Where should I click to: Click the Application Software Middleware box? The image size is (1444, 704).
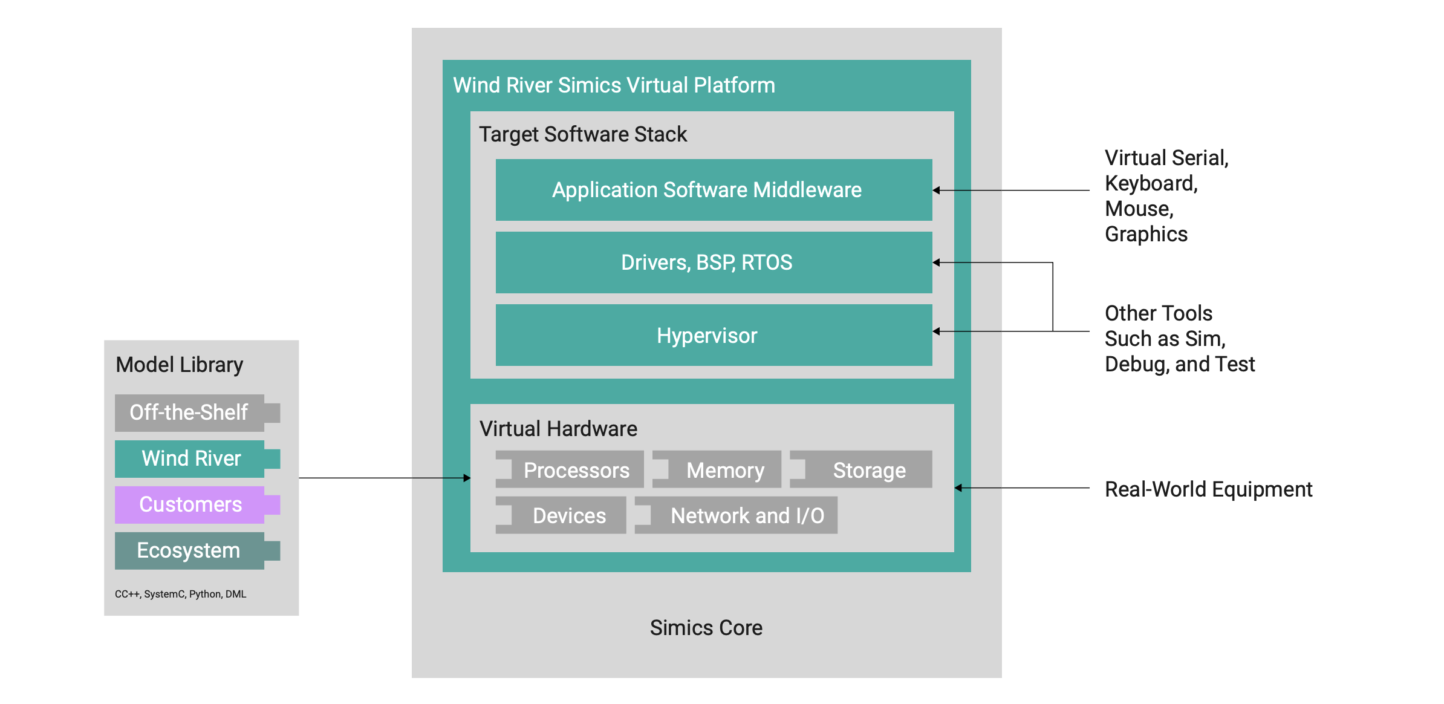(x=714, y=190)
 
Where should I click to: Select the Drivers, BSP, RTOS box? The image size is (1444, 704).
(x=714, y=262)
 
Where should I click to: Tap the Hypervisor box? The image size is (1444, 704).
(x=714, y=335)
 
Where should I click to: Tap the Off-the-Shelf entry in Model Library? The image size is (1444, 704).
(x=189, y=412)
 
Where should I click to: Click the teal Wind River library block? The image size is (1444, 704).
(x=190, y=458)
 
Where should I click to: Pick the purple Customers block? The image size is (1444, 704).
(x=190, y=504)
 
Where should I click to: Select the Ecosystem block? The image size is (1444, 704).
(x=189, y=550)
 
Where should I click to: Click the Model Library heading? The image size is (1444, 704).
(x=179, y=365)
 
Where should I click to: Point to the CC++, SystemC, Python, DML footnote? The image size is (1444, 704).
(x=180, y=594)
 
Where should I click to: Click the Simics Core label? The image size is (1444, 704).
(x=706, y=628)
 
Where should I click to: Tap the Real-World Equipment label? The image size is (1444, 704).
(x=1208, y=489)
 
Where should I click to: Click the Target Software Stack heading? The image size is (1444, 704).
(x=582, y=134)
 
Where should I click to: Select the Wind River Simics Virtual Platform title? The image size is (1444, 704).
(x=614, y=85)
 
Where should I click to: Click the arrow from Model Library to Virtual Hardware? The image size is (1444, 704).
(x=385, y=478)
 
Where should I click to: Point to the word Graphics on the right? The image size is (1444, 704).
(x=1146, y=234)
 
